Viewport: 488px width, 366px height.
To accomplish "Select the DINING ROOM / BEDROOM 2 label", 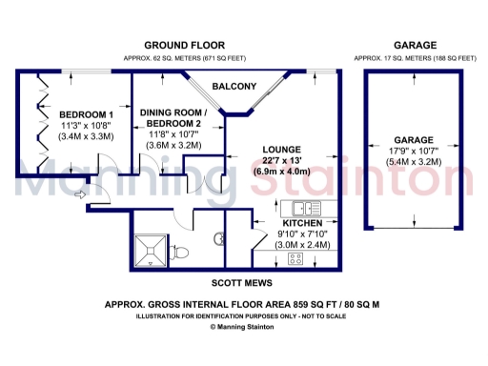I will pyautogui.click(x=171, y=119).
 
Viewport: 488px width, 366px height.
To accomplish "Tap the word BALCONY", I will pyautogui.click(x=232, y=87).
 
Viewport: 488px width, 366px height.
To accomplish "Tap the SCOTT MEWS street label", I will pyautogui.click(x=243, y=283).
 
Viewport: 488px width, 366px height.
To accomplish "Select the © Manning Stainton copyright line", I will pyautogui.click(x=242, y=326).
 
